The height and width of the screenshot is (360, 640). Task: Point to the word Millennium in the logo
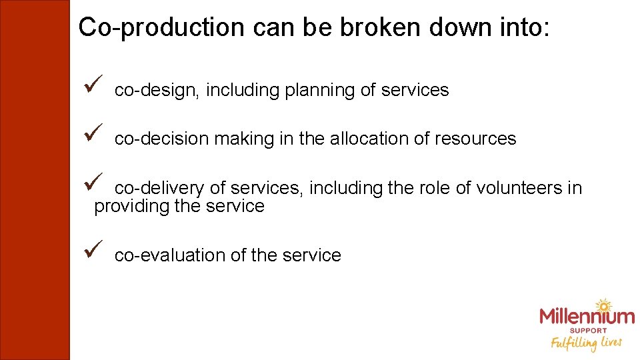click(587, 317)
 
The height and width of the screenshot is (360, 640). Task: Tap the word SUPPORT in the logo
click(587, 331)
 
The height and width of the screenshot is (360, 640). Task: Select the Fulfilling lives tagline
click(586, 343)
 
